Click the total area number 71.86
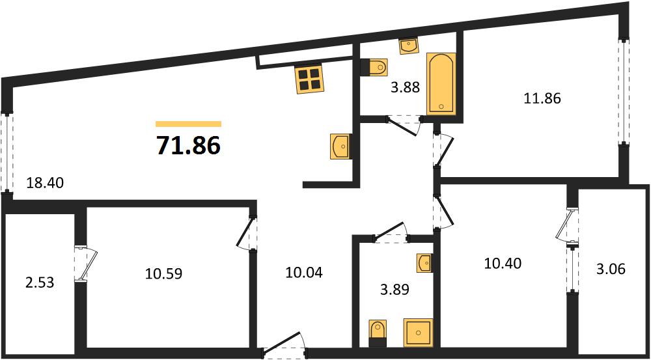pyautogui.click(x=188, y=145)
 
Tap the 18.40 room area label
pyautogui.click(x=44, y=182)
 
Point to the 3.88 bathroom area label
pyautogui.click(x=406, y=88)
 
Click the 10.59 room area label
pyautogui.click(x=164, y=273)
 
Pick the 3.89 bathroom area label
pyautogui.click(x=395, y=290)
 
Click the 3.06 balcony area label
pyautogui.click(x=611, y=270)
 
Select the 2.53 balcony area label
pyautogui.click(x=40, y=284)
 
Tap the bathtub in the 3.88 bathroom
pyautogui.click(x=441, y=83)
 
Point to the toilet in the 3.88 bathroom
pyautogui.click(x=374, y=67)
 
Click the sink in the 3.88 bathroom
pyautogui.click(x=409, y=46)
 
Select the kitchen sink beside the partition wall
pyautogui.click(x=341, y=146)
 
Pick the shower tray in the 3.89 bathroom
pyautogui.click(x=419, y=332)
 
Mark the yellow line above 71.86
pyautogui.click(x=189, y=124)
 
